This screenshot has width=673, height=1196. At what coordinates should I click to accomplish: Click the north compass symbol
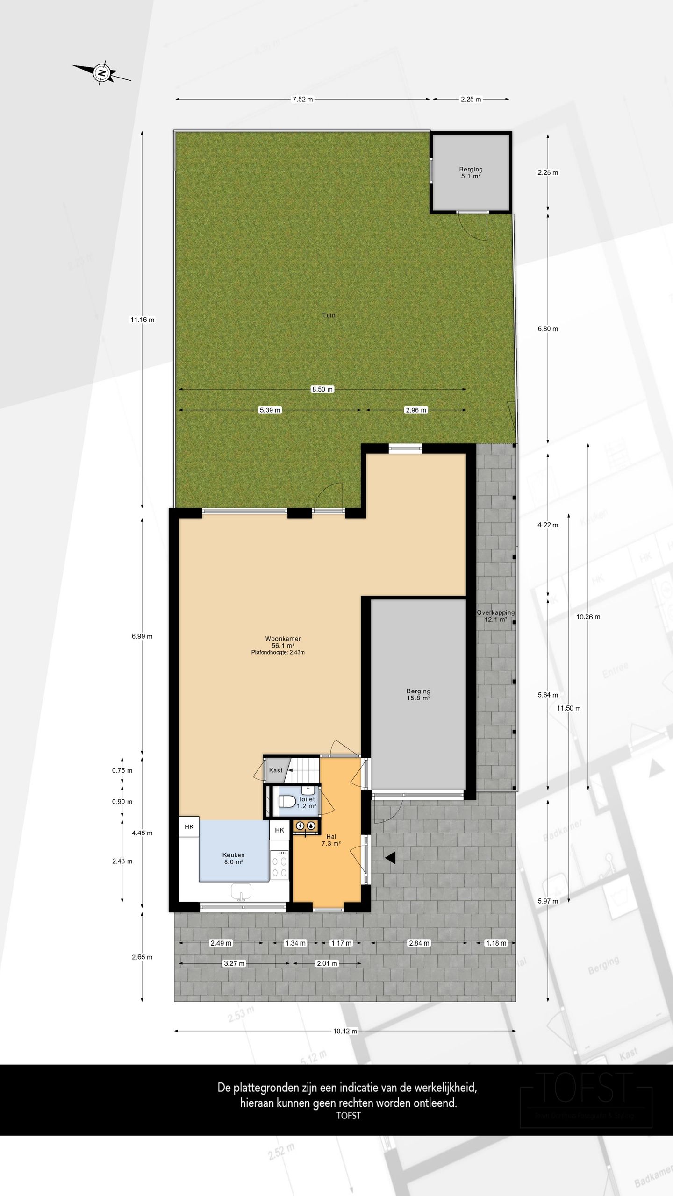point(101,73)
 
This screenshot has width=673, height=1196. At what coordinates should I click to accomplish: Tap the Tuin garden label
point(329,315)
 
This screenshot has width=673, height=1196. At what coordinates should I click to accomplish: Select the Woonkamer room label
point(283,639)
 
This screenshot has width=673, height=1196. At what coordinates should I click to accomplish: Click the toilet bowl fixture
point(286,802)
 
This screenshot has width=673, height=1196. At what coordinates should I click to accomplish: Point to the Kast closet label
point(276,770)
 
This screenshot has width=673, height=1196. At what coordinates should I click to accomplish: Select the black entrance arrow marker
point(390,857)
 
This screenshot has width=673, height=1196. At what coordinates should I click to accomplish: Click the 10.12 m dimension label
point(345,1031)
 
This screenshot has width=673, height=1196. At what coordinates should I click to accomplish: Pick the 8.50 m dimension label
point(322,389)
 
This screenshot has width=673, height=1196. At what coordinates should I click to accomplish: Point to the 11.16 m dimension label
point(142,320)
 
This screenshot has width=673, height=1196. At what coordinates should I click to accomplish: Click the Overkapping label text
point(495,612)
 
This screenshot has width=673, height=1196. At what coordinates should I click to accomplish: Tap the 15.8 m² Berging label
point(418,694)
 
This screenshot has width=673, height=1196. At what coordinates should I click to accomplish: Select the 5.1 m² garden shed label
point(471,173)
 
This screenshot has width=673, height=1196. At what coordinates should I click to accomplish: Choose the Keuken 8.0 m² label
point(233,858)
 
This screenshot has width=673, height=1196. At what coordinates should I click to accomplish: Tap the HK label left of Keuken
point(189,826)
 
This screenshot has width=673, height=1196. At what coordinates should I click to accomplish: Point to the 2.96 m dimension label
point(415,410)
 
